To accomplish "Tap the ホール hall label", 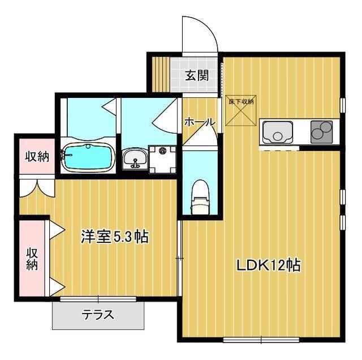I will point(199,122).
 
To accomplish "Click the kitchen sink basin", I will point(277,134).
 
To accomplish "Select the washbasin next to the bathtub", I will point(134,158).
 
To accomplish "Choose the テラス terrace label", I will point(98,315).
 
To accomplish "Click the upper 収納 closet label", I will point(36,156).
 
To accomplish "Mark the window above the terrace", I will point(99,298).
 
